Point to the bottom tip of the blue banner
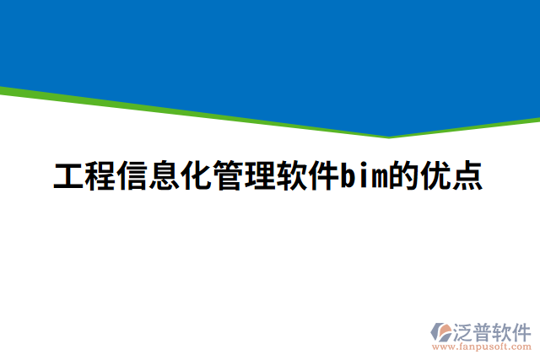pos(389,135)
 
